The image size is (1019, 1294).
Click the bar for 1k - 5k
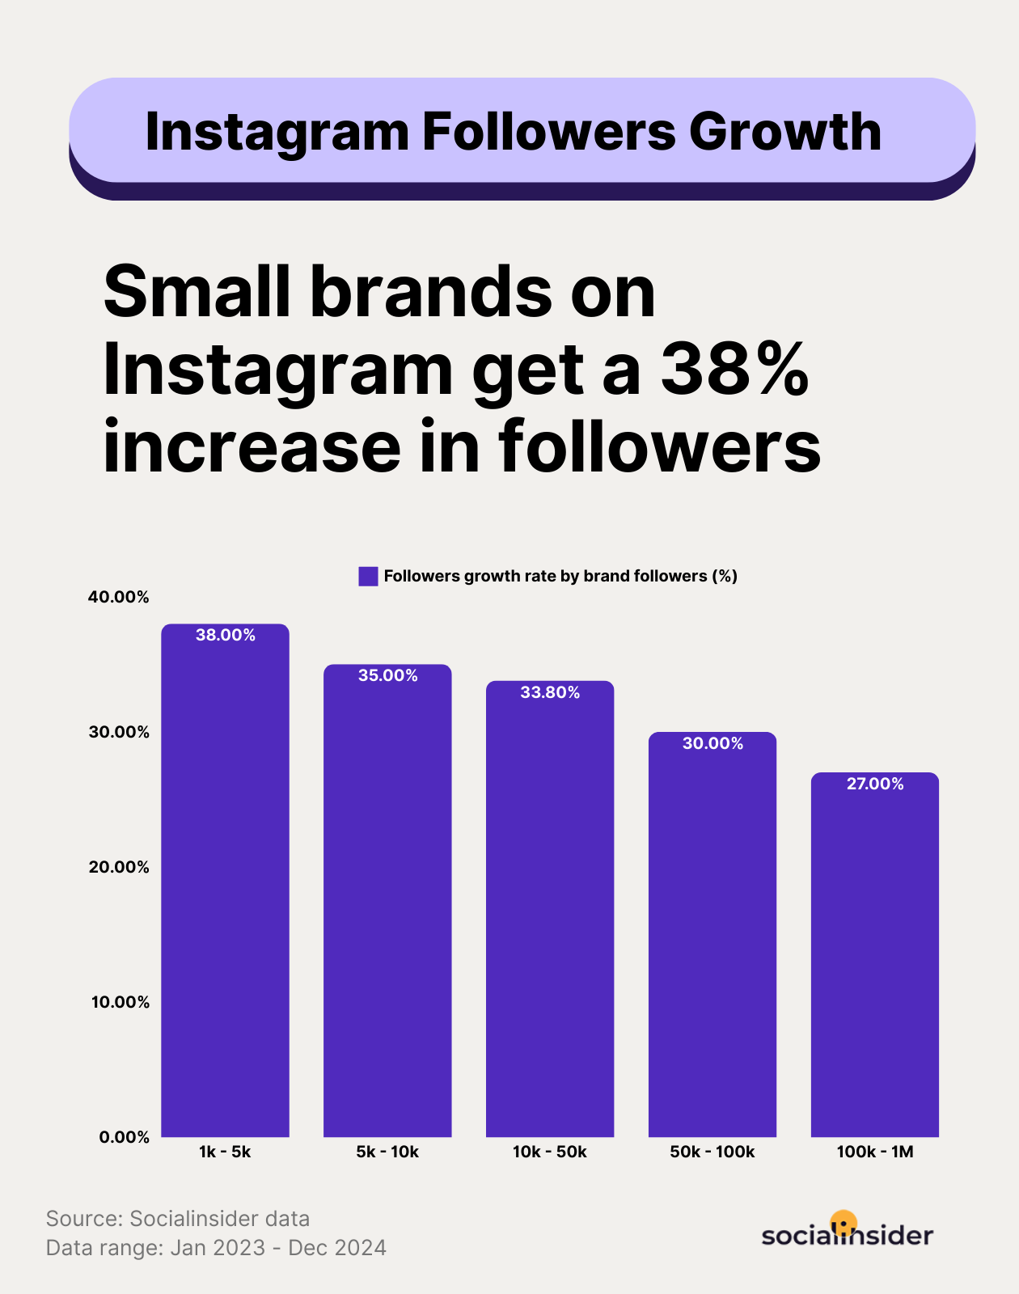pyautogui.click(x=225, y=882)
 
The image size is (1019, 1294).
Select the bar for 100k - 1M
pyautogui.click(x=874, y=954)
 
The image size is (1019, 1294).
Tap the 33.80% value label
pyautogui.click(x=550, y=692)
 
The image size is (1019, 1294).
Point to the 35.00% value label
pyautogui.click(x=388, y=675)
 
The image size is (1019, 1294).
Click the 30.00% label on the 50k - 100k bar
pyautogui.click(x=712, y=743)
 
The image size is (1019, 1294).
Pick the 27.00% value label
pyautogui.click(x=875, y=784)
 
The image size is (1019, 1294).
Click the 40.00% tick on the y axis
pyautogui.click(x=119, y=597)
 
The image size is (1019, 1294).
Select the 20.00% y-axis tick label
pyautogui.click(x=119, y=867)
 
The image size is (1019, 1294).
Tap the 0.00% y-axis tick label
pyautogui.click(x=125, y=1137)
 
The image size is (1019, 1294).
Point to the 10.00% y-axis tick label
pyautogui.click(x=120, y=1002)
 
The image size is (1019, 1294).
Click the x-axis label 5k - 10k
pyautogui.click(x=387, y=1152)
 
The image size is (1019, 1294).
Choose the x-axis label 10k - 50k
pyautogui.click(x=550, y=1152)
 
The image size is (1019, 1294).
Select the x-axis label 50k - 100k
pyautogui.click(x=712, y=1152)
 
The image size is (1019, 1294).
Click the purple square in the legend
pyautogui.click(x=368, y=576)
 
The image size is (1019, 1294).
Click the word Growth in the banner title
pyautogui.click(x=784, y=131)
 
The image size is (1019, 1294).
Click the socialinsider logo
pyautogui.click(x=847, y=1233)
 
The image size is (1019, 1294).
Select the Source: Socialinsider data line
pyautogui.click(x=178, y=1218)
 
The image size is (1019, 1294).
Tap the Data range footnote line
pyautogui.click(x=216, y=1247)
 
